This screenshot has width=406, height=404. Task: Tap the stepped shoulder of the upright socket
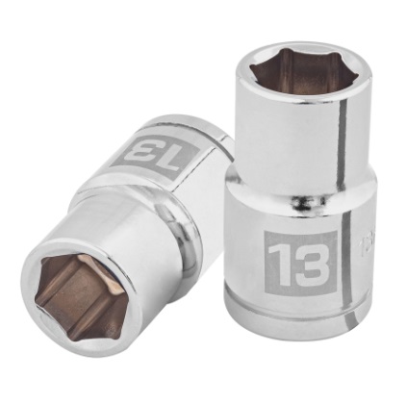pos(289,207)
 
